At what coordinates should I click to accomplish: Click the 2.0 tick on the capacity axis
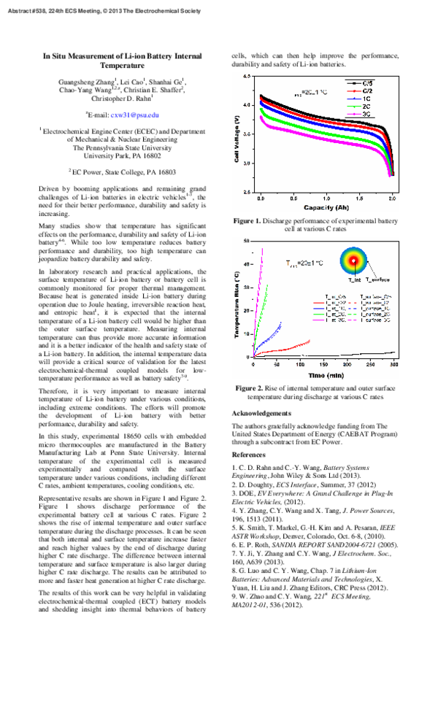(392, 198)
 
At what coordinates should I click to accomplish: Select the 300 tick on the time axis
(393, 363)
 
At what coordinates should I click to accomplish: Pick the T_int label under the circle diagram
(353, 280)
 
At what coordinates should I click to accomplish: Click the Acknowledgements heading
(266, 414)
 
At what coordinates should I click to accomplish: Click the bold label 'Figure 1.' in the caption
(247, 220)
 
